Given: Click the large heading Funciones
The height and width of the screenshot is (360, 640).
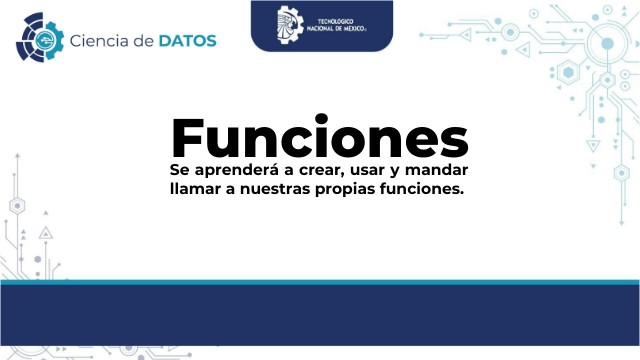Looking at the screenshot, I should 320,137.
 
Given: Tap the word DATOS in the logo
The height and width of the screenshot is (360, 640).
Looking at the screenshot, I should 186,40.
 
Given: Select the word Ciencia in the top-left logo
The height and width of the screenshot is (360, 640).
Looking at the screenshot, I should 97,40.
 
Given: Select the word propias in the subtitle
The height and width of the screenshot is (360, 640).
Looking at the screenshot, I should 366,189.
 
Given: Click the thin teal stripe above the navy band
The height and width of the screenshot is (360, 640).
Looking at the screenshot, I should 320,282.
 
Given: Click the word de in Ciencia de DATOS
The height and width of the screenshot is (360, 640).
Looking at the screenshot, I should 143,40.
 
